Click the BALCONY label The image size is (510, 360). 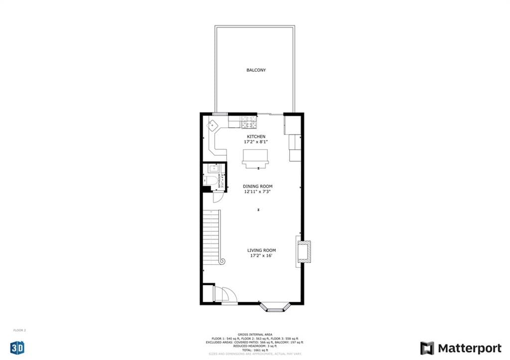click(x=256, y=70)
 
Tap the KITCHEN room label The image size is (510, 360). click(x=256, y=136)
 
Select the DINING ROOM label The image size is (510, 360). click(x=257, y=186)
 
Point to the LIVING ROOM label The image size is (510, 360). click(x=261, y=250)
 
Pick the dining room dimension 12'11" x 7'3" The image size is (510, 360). click(x=257, y=192)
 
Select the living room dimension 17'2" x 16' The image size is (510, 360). click(x=262, y=256)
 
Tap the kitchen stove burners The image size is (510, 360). click(x=249, y=122)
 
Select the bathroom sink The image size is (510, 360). click(x=211, y=168)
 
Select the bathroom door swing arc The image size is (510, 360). click(x=218, y=197)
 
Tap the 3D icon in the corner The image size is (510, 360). click(x=17, y=348)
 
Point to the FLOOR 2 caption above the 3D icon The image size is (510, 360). click(x=19, y=330)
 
